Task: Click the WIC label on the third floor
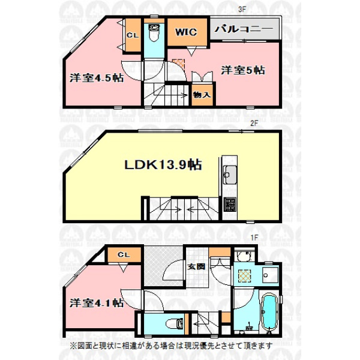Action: click(186, 32)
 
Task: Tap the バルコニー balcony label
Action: click(244, 29)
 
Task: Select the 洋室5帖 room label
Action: click(243, 70)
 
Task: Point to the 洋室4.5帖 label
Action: click(97, 78)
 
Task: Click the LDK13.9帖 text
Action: click(163, 164)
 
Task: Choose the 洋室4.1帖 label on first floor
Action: click(97, 303)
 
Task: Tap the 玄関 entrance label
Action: click(196, 266)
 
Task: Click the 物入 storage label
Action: click(202, 95)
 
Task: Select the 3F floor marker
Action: click(242, 10)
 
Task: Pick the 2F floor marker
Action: click(254, 123)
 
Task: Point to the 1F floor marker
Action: click(254, 238)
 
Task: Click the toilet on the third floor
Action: click(154, 33)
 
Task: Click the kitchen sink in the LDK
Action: click(230, 175)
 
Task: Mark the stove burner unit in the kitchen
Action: click(230, 205)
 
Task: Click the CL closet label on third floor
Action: click(133, 35)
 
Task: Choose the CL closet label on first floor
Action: click(124, 254)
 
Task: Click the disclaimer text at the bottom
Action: click(172, 345)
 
